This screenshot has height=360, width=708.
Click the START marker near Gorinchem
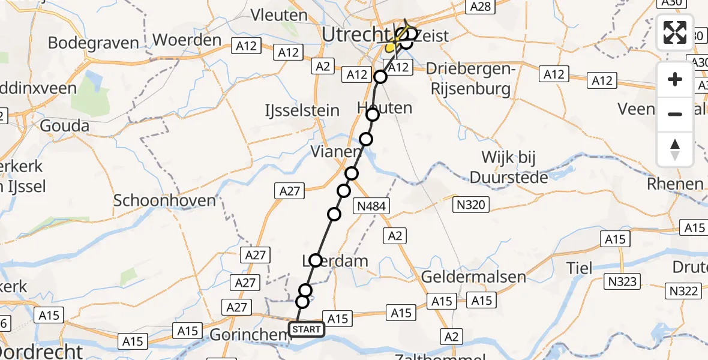coord(307,329)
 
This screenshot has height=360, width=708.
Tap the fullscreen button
coord(675,32)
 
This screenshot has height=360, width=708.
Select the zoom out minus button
coord(675,114)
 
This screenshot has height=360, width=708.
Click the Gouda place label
coord(65,126)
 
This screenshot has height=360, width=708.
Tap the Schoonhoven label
coord(164,200)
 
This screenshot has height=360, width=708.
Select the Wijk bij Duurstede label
coord(509,167)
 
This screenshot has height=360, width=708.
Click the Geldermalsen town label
coord(473,277)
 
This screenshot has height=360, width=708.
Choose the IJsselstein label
coord(302,110)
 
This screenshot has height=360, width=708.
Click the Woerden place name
coord(187,40)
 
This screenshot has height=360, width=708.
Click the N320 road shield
coord(470,206)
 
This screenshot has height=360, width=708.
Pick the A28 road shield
coord(481,7)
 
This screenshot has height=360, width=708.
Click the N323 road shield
coord(624,281)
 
